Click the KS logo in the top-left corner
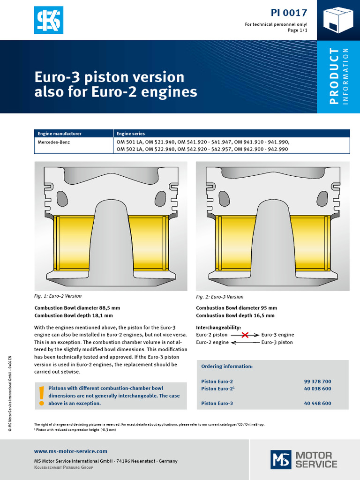pos(48,20)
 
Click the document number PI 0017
pos(289,13)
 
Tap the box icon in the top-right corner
pos(338,20)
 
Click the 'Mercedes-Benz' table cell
pos(54,142)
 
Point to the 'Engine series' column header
pos(131,134)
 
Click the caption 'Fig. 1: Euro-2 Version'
pos(58,296)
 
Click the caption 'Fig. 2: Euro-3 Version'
pos(220,297)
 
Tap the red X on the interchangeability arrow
pos(244,335)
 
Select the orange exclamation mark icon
pos(42,395)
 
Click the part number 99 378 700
pos(317,382)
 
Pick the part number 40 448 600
pos(317,403)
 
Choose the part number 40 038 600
pos(317,389)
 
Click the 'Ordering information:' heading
pos(227,367)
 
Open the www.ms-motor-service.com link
pos(71,451)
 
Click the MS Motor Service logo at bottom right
pos(304,459)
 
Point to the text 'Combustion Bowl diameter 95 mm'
pos(236,308)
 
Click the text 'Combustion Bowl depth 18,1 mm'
pos(74,315)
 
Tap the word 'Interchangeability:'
pos(218,327)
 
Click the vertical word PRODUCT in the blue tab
pos(334,76)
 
